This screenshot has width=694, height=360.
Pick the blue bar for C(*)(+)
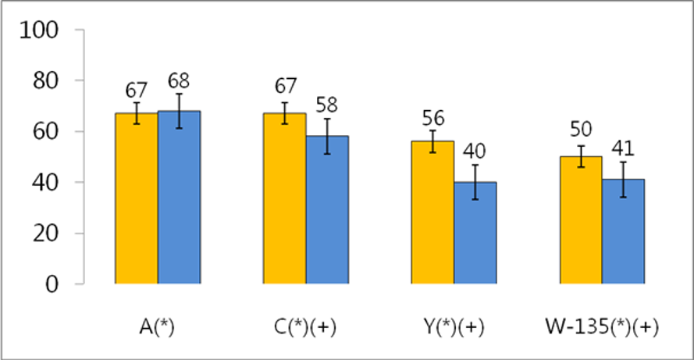[327, 210]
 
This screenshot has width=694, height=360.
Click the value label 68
[179, 81]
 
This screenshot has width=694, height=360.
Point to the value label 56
[432, 119]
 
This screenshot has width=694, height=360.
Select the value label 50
[580, 133]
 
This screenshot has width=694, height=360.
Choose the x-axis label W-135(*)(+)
[601, 327]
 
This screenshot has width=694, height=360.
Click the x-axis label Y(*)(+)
[454, 327]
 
